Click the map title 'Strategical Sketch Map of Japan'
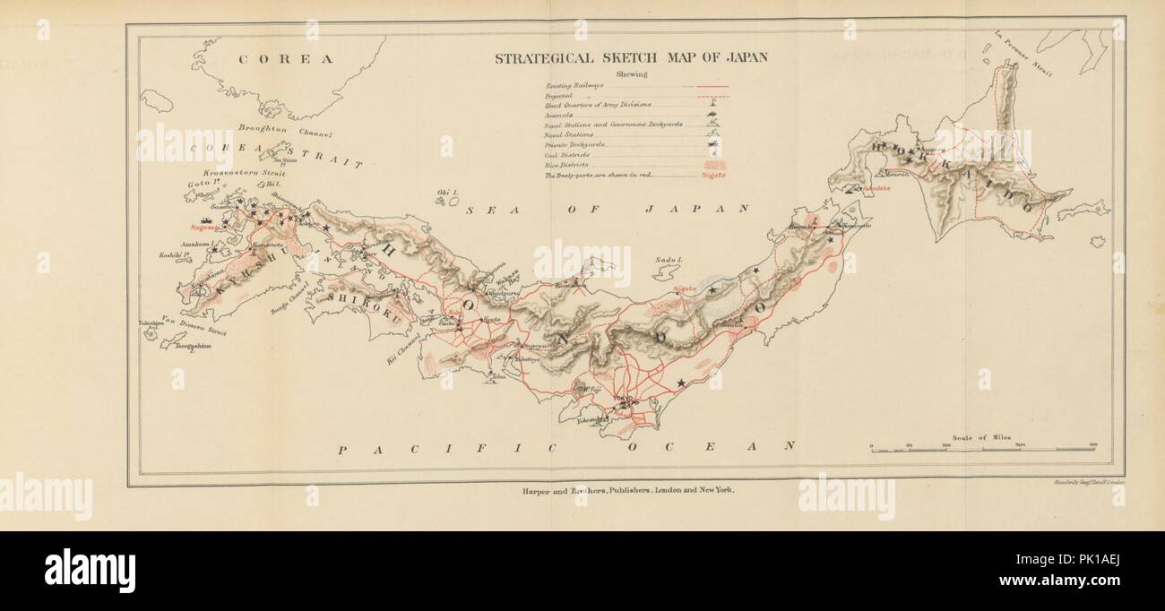pyautogui.click(x=632, y=57)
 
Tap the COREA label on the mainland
pyautogui.click(x=285, y=59)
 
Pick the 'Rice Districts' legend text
pyautogui.click(x=567, y=166)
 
